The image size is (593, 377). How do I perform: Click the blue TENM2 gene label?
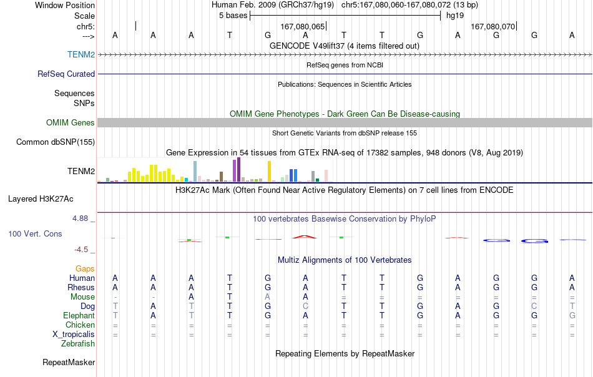(81, 54)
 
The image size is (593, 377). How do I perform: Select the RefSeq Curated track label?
(66, 74)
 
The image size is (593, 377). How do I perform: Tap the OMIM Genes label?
(71, 122)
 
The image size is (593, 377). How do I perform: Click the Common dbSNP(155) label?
(56, 142)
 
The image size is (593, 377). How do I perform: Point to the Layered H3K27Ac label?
(41, 199)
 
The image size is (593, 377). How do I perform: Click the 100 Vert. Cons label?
(35, 233)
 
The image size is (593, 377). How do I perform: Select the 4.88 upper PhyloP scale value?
(80, 218)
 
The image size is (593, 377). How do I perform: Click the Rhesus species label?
(81, 287)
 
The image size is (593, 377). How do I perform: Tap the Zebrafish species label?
(78, 343)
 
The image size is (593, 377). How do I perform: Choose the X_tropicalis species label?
(74, 335)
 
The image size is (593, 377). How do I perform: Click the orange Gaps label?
(85, 268)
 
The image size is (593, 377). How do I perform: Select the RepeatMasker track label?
(69, 362)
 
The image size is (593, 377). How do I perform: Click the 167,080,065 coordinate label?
(303, 26)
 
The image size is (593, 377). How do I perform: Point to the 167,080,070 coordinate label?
(493, 26)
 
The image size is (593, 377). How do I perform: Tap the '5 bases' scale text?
(233, 16)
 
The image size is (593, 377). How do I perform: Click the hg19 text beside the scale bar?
(455, 16)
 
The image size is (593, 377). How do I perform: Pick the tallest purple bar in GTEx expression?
(238, 170)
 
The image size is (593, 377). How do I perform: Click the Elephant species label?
(79, 315)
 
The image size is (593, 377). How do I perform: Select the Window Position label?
(65, 5)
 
